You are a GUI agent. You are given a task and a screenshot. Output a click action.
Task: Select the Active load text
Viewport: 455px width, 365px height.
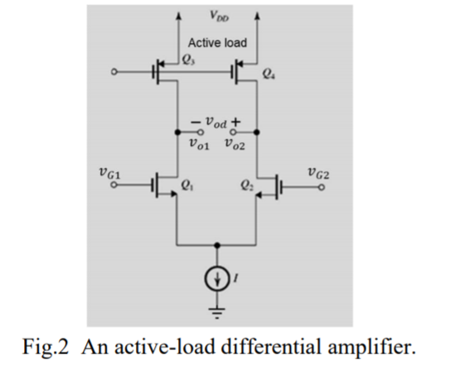(x=217, y=43)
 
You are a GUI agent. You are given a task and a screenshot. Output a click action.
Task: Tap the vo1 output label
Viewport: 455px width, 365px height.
(x=198, y=146)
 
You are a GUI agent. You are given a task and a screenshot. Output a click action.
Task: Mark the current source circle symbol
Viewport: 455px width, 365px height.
(x=217, y=279)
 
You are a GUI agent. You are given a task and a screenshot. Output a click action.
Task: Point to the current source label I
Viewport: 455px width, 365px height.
(x=237, y=279)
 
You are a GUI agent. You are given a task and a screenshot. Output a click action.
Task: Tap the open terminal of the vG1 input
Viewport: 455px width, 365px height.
(x=111, y=187)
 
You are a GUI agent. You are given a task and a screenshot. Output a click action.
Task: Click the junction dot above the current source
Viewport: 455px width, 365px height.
(x=217, y=245)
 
